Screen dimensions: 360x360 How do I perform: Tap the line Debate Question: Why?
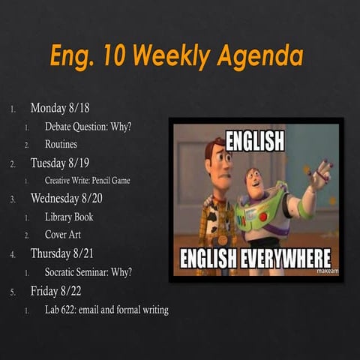pyautogui.click(x=88, y=126)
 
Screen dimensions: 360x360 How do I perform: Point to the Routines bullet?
pyautogui.click(x=61, y=144)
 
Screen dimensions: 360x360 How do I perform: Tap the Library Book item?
pyautogui.click(x=69, y=217)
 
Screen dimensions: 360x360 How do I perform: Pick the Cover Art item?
pyautogui.click(x=63, y=235)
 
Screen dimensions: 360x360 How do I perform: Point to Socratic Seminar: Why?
pyautogui.click(x=88, y=271)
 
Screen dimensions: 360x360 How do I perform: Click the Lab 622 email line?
pyautogui.click(x=106, y=308)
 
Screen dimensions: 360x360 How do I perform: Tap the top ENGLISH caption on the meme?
pyautogui.click(x=255, y=140)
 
